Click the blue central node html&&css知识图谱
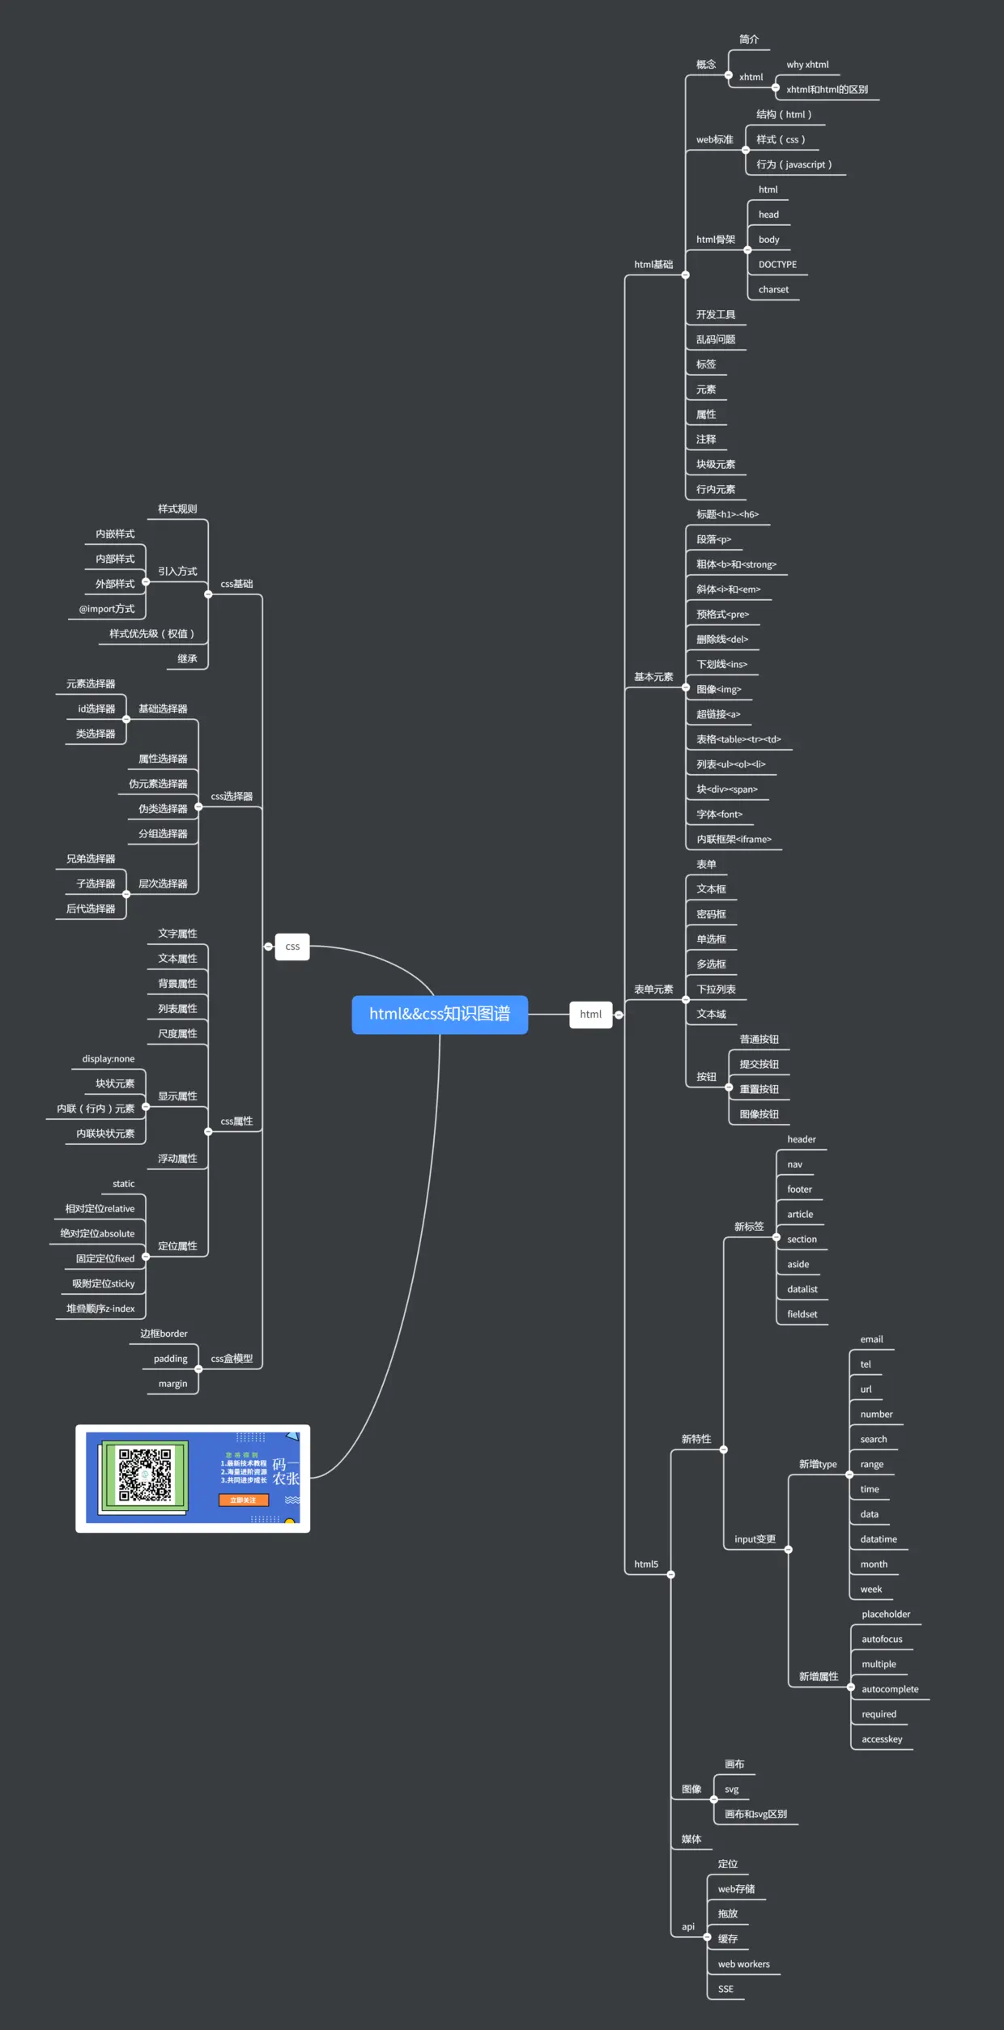click(440, 1014)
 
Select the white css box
click(292, 946)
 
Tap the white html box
click(590, 1014)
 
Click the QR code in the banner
click(145, 1475)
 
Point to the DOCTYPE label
click(777, 265)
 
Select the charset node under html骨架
click(773, 290)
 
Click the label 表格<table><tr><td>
click(738, 739)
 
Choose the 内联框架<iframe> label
click(734, 840)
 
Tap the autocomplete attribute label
click(890, 1689)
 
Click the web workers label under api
click(743, 1964)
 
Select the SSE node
click(725, 1989)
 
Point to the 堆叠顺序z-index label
click(100, 1309)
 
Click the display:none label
click(108, 1059)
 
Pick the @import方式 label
click(107, 609)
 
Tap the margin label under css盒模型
click(172, 1384)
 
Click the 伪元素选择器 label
click(158, 784)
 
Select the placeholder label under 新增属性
click(886, 1614)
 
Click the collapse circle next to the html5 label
click(670, 1575)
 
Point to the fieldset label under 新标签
click(802, 1314)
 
